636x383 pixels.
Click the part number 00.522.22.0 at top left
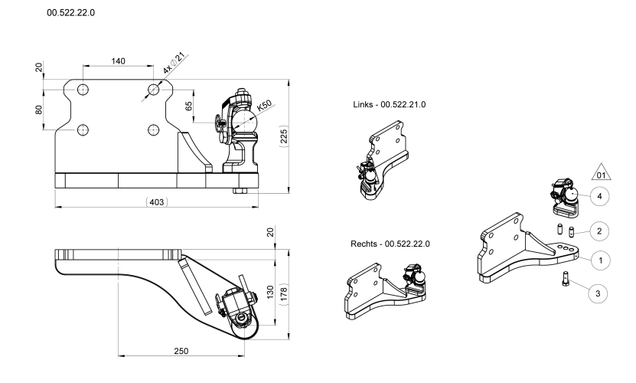(x=71, y=12)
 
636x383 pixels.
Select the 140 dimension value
(x=118, y=61)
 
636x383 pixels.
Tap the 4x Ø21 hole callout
(x=174, y=63)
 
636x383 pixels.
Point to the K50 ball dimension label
(x=264, y=106)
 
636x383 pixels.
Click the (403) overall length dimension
(x=157, y=202)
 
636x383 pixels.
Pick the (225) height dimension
(x=284, y=136)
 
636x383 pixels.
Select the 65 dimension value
(x=189, y=106)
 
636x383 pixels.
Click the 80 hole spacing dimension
(x=39, y=110)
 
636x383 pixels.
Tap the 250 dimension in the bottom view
(x=181, y=351)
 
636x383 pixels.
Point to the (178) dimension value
(x=284, y=293)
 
